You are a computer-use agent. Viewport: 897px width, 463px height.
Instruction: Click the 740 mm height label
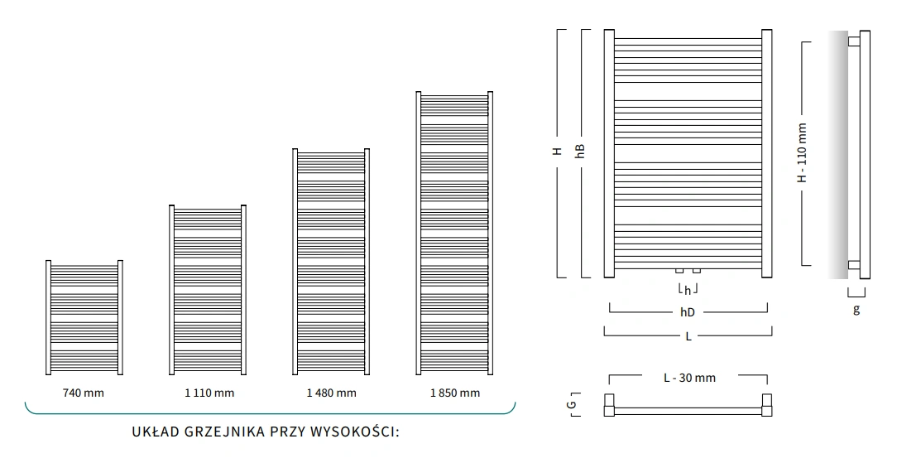84,393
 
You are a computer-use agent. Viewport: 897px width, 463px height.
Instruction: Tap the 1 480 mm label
331,393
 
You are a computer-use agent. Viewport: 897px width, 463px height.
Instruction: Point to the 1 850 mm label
454,393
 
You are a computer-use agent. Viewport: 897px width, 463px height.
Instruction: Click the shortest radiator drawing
84,317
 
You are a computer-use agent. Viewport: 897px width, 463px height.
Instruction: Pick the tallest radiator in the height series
455,233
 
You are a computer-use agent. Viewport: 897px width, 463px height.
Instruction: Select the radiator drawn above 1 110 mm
209,290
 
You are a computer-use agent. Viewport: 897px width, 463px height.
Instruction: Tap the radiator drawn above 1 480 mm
331,261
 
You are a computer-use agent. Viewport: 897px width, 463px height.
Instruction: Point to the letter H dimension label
558,152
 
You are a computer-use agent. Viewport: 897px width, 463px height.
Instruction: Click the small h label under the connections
688,291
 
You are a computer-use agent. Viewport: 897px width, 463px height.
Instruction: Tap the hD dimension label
688,312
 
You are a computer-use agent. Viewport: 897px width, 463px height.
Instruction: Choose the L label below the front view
688,336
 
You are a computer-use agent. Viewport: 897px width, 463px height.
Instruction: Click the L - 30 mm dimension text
689,378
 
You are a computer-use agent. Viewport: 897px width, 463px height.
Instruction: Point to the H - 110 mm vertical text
802,153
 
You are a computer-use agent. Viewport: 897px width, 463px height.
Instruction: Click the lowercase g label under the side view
856,310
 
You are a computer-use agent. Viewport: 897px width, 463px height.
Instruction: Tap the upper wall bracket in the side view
853,39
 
